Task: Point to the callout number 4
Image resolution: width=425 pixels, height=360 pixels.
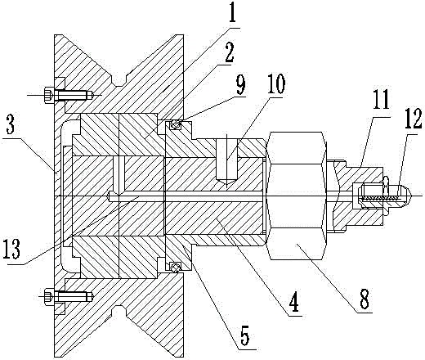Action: tap(293, 302)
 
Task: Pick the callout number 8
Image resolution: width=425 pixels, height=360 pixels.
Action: tap(365, 299)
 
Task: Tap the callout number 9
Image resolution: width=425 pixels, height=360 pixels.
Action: tap(239, 85)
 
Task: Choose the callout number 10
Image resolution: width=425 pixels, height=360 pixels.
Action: tap(275, 83)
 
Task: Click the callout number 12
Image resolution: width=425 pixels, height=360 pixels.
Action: tap(412, 119)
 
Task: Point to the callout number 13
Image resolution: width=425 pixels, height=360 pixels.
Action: tap(11, 249)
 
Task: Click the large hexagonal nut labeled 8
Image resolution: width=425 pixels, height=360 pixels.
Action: tap(297, 196)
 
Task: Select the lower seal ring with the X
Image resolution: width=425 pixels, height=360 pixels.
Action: tap(174, 267)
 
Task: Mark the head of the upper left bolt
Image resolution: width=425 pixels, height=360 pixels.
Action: tap(49, 95)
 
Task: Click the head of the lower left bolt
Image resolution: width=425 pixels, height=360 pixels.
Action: tap(49, 296)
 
